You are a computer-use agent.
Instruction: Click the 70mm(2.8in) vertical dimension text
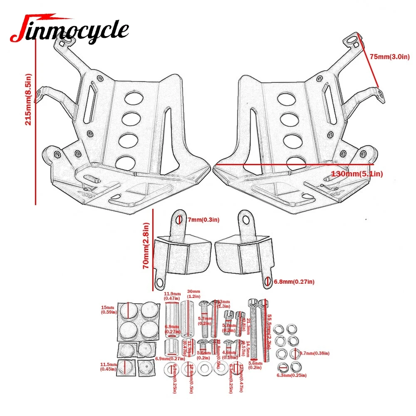[146, 246]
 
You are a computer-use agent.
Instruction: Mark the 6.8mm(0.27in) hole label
[294, 282]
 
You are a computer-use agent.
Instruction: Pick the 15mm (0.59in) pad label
[108, 310]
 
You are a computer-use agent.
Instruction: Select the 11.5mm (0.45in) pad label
[107, 366]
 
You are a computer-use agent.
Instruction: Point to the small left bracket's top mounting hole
[178, 219]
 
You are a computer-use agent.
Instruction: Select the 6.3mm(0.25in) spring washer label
[291, 375]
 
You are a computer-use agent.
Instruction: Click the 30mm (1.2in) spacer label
[193, 293]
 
